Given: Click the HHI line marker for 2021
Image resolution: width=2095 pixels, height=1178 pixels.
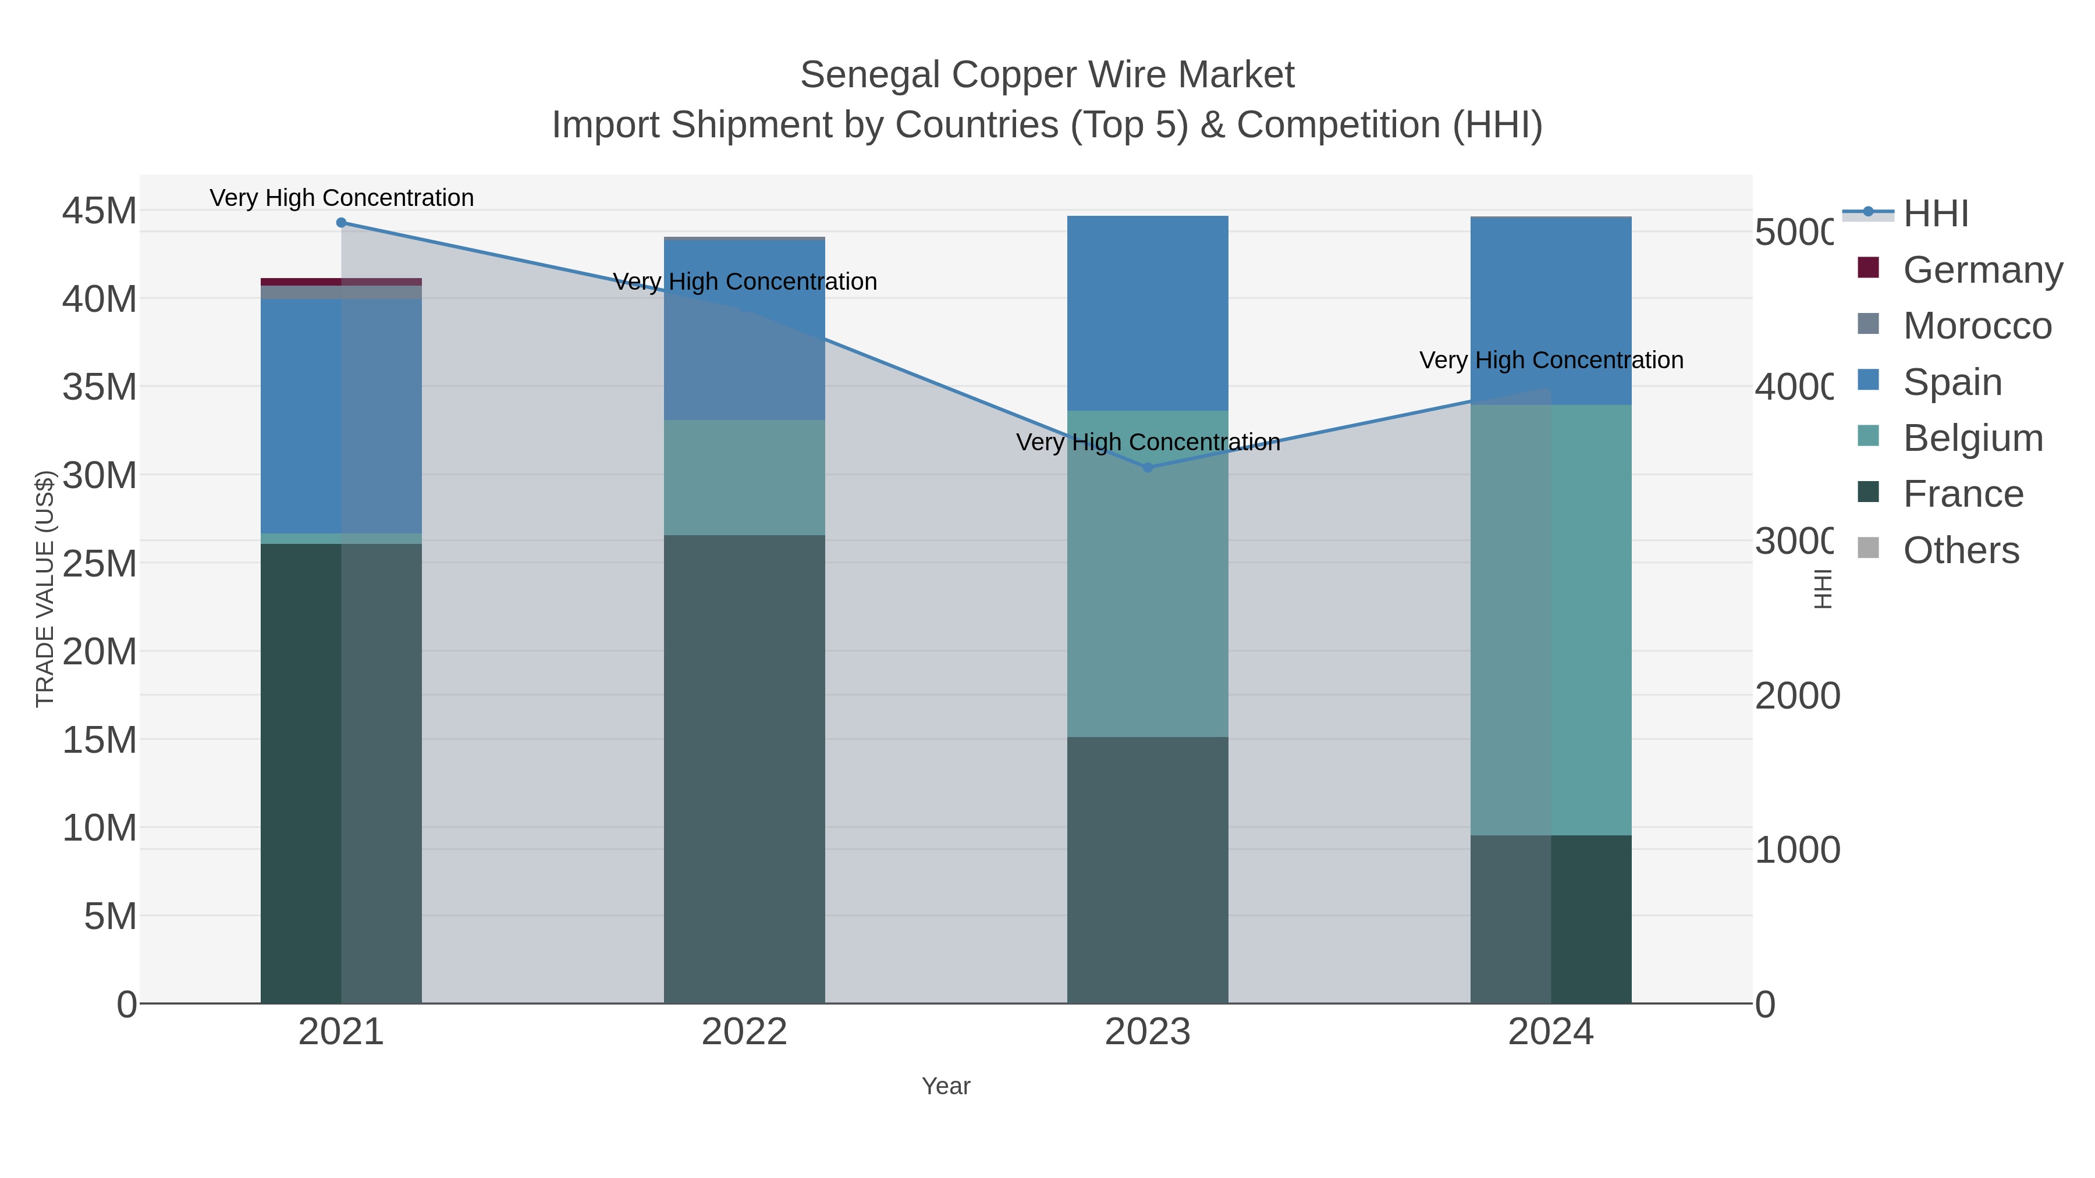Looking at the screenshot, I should [341, 222].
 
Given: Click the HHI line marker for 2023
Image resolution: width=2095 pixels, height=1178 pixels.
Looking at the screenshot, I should [1148, 468].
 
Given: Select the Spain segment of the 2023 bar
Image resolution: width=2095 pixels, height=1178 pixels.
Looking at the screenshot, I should [1148, 313].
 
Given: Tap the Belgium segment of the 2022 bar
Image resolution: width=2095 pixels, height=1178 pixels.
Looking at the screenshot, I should [744, 477].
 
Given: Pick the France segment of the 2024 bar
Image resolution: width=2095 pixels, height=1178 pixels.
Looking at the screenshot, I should [1551, 919].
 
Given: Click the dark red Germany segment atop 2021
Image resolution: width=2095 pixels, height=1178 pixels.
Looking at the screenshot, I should [341, 282].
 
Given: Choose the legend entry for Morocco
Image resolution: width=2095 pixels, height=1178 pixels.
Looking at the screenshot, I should [1976, 326].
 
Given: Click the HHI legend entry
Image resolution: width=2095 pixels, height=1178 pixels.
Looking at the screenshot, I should [1935, 214].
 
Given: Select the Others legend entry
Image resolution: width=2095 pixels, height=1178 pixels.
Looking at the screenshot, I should [1960, 550].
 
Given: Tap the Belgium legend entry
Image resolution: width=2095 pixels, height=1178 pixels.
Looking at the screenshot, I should [1972, 438].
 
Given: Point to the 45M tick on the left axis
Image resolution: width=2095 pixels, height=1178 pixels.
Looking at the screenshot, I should [99, 211].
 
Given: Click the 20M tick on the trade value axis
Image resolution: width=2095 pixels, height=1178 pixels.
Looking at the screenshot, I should [99, 651].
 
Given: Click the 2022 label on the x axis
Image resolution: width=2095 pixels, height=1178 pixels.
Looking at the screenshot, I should [744, 1031].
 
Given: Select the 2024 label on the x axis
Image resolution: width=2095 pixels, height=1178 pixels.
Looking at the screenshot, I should [1551, 1031].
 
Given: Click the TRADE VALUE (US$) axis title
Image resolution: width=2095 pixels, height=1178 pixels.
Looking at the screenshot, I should [45, 589].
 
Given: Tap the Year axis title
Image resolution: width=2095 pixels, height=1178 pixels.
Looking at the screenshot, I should [946, 1086].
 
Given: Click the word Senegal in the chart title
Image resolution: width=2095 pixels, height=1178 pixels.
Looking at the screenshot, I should [869, 75].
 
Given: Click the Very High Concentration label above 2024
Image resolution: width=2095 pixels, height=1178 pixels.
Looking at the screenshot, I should [1551, 360].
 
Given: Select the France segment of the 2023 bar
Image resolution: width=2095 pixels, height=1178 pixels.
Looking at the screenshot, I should [1148, 870].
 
